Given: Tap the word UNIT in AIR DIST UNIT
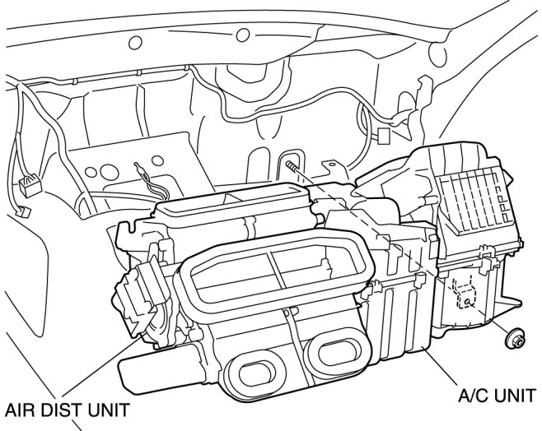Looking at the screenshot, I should pos(107,409).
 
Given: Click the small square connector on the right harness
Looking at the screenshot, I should pos(382,135).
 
